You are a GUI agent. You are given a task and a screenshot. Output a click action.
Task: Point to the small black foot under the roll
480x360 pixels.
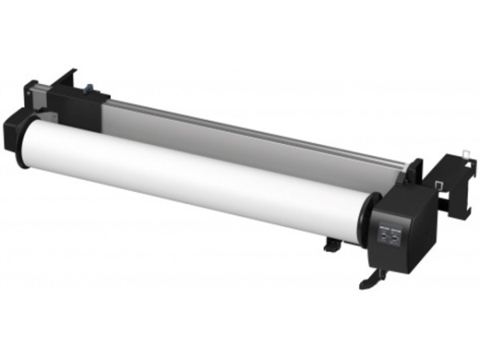pyautogui.click(x=331, y=243)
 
